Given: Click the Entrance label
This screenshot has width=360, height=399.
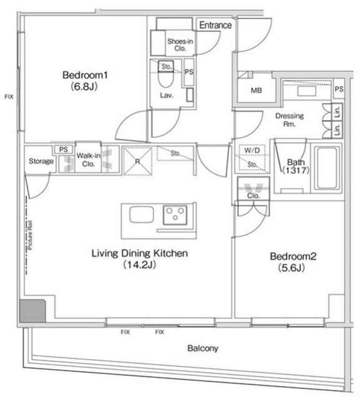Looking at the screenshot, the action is pos(215,25).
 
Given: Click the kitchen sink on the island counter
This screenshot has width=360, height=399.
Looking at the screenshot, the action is pos(142,214).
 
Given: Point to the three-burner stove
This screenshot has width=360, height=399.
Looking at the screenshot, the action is pos(175,215).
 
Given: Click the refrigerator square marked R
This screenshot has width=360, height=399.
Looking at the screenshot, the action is pos(137,161).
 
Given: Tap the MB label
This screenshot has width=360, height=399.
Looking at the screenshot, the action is pos(256,90).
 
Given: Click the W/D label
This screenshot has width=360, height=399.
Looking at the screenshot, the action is pos(252,150).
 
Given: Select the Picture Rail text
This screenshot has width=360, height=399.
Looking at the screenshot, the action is pos(30,235).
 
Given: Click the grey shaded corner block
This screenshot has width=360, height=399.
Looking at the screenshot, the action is pos(33,311).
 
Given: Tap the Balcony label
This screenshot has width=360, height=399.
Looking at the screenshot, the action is pos(203,349).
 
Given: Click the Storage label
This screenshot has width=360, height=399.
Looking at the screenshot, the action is pos(41,161).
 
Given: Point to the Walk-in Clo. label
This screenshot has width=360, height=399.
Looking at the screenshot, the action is pos(89,160).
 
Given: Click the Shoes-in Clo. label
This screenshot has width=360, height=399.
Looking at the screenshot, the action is pos(180,45).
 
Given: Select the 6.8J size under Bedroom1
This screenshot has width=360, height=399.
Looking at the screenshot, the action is pos(84,87).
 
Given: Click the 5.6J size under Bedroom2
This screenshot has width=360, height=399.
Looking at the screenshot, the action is pos(291,268).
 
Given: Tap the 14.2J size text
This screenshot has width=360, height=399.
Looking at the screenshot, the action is pos(139,265).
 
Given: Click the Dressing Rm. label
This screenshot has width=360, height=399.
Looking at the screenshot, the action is pos(289,120).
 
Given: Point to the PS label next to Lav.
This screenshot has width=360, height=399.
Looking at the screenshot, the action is pos(189,72).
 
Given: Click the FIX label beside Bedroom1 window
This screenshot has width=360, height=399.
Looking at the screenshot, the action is pos(9,97).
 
